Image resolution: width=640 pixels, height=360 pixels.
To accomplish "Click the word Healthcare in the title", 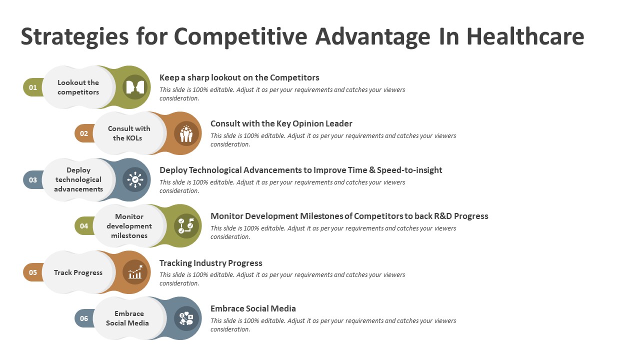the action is [525, 36].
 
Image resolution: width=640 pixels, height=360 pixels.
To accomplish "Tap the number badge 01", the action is [33, 87].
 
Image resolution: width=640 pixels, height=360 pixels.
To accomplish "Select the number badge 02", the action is [84, 133].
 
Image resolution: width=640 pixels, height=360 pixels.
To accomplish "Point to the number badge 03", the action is [33, 180].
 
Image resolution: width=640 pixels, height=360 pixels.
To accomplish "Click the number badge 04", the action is [84, 226].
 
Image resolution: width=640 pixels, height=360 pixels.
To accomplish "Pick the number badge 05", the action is [33, 272].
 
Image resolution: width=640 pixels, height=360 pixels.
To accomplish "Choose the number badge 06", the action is [84, 318].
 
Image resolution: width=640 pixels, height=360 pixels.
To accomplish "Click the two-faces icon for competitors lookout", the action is [135, 87].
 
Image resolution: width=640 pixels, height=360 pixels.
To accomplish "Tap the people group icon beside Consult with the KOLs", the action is [186, 133].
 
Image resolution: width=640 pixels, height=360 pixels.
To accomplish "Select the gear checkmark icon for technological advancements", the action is [135, 179].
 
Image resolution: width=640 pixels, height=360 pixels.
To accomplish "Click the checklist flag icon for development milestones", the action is [186, 226].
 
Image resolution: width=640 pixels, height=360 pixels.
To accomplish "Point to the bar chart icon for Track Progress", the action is [135, 272].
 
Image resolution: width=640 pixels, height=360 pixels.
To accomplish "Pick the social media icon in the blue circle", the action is [186, 318].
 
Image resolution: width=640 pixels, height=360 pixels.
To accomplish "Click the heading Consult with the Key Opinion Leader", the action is [281, 123].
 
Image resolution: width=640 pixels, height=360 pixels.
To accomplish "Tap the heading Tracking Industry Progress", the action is [211, 263].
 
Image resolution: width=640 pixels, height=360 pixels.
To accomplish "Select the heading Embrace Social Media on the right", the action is [253, 308].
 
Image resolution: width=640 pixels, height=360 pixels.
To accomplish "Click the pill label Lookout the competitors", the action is [78, 87].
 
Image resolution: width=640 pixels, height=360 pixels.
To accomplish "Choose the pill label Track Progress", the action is [78, 272].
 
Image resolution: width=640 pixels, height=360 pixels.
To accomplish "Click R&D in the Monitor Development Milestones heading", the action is [443, 216].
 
